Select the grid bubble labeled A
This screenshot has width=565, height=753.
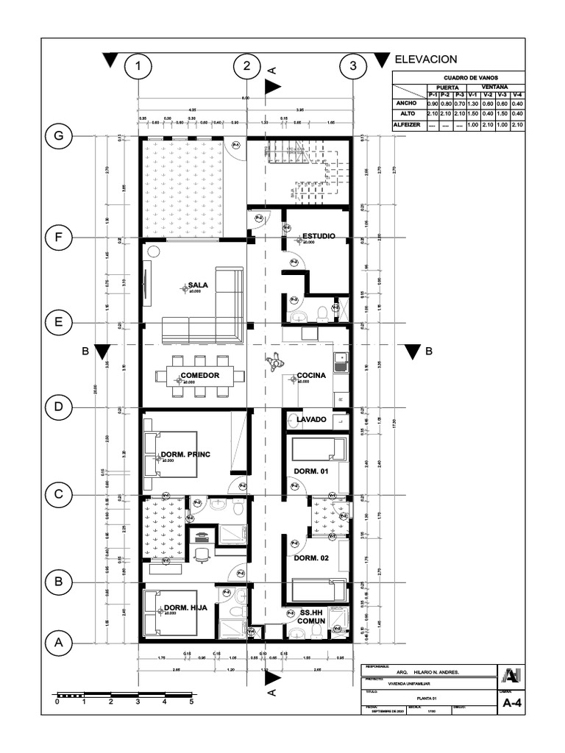(58, 642)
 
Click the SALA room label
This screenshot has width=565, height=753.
(199, 285)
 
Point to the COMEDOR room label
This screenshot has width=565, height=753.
(200, 376)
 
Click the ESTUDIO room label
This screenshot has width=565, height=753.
(319, 236)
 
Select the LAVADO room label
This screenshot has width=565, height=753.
(311, 419)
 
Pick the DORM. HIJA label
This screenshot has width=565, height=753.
(185, 607)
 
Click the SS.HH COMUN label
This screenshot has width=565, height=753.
(311, 616)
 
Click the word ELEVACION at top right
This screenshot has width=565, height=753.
(426, 60)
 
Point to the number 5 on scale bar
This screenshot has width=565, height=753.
(191, 702)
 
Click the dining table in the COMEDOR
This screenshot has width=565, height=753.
(199, 376)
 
